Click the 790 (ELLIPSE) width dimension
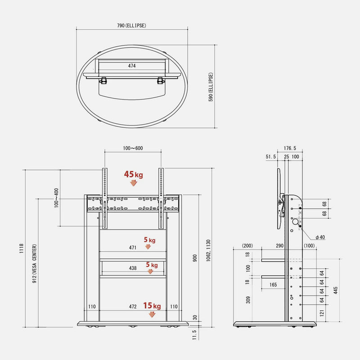point(131,26)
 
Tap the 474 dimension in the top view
point(131,66)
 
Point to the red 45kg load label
point(134,175)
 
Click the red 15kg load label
point(152,306)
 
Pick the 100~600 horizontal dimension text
point(133,148)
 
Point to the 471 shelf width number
point(132,247)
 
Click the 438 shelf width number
point(132,268)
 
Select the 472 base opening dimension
point(132,306)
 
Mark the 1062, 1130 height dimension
point(208,259)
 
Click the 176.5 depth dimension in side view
point(290,148)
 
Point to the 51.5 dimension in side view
point(271,157)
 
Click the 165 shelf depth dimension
point(273,285)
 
